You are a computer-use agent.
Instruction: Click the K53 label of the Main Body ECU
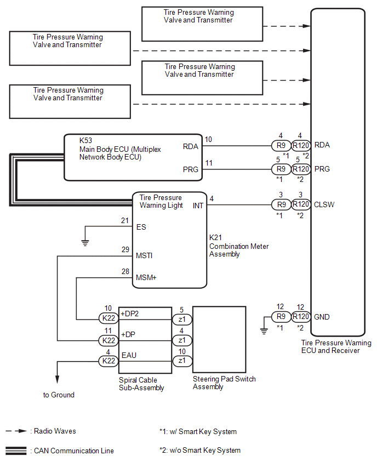(86, 140)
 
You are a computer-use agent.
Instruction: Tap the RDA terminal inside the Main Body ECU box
(191, 146)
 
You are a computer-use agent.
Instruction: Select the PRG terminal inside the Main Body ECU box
(191, 169)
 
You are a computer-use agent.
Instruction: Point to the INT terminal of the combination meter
(198, 206)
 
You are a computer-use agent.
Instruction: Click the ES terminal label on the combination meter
(141, 227)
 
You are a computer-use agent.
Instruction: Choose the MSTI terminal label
(144, 255)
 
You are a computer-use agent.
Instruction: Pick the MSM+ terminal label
(146, 277)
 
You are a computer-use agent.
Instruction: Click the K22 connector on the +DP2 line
(108, 318)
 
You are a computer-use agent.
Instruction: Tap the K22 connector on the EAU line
(108, 361)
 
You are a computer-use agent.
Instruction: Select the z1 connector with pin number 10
(182, 361)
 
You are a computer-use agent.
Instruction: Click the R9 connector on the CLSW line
(281, 204)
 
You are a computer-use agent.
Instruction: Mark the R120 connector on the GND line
(301, 317)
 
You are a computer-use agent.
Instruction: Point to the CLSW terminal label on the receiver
(324, 204)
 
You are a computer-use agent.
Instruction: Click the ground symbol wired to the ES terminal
(85, 243)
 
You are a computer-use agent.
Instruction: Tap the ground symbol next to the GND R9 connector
(264, 331)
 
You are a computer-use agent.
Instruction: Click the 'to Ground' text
(59, 395)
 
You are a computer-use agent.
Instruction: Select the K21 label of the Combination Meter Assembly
(215, 238)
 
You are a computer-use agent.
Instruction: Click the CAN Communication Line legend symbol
(16, 451)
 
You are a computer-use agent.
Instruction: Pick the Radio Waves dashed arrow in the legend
(16, 431)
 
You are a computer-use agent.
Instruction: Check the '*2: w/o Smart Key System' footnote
(200, 451)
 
